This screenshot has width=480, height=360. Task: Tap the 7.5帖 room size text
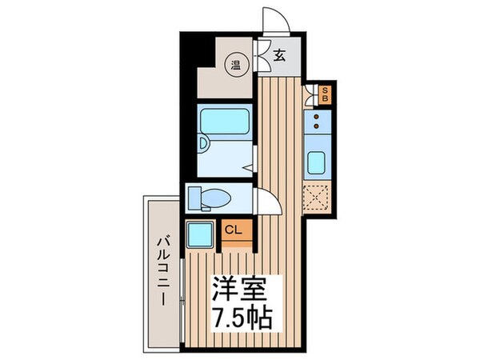click(x=242, y=314)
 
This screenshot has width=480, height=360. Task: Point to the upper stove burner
click(x=317, y=117)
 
